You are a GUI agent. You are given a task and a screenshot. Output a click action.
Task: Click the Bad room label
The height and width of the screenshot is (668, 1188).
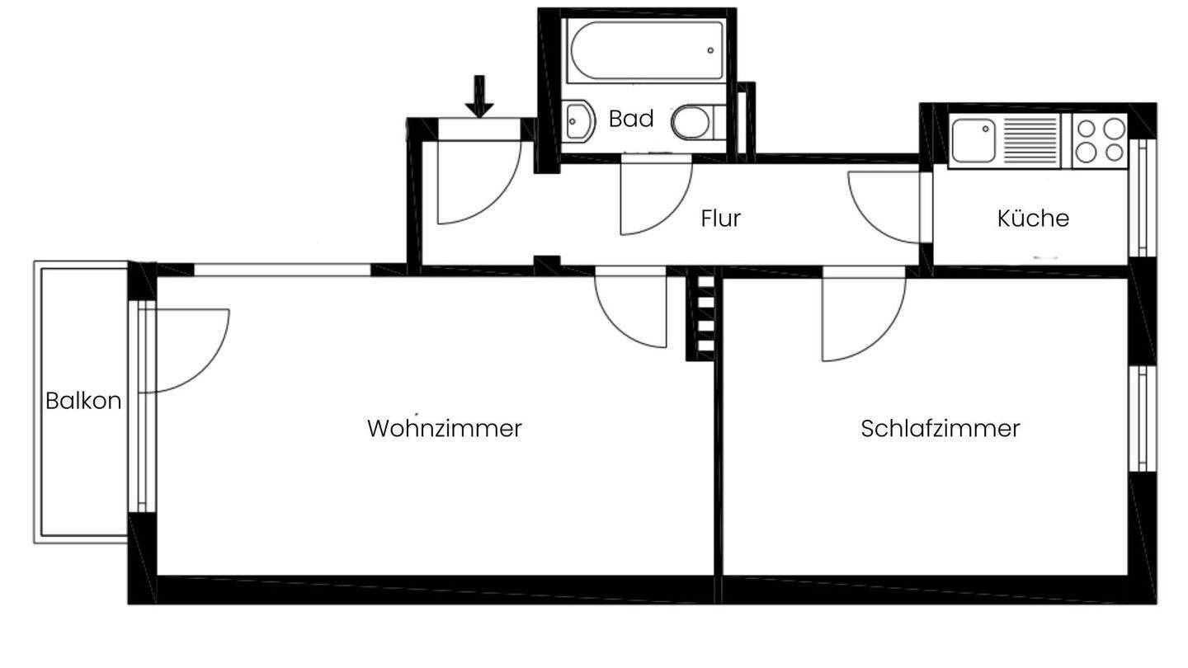click(x=631, y=119)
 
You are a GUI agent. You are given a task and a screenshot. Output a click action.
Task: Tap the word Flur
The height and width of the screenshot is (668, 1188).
click(x=720, y=219)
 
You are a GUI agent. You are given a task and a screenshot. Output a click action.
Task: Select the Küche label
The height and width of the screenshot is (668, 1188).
click(x=1033, y=219)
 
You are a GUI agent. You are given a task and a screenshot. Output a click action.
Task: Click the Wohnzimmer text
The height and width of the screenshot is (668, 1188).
click(x=444, y=429)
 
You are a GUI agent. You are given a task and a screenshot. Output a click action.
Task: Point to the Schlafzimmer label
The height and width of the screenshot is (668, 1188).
click(x=940, y=429)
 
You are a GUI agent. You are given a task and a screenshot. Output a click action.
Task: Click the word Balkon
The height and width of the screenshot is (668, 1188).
click(x=83, y=402)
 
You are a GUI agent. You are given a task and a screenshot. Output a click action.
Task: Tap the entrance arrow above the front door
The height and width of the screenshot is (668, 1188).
click(x=479, y=96)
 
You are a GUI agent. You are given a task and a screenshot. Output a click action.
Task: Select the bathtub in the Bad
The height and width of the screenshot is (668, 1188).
click(x=646, y=51)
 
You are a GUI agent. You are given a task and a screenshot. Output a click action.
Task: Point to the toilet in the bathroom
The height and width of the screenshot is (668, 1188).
click(x=693, y=123)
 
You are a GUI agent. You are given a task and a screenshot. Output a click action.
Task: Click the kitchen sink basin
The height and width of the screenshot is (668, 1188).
click(x=973, y=140)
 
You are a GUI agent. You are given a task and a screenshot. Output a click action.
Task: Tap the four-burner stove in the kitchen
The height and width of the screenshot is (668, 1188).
click(x=1101, y=140)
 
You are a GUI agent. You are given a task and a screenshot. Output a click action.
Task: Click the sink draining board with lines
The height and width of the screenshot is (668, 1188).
click(x=1029, y=140)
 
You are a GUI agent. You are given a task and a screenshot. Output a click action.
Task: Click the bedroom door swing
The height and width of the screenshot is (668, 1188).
click(x=858, y=318)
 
